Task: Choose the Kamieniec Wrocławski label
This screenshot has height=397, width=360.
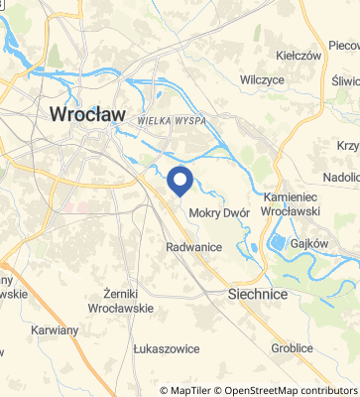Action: coord(295,202)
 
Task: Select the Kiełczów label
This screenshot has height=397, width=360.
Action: coord(300,56)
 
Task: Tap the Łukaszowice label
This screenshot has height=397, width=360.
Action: coord(166,349)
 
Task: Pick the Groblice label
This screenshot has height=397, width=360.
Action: coord(292,348)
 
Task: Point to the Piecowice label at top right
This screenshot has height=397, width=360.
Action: coord(344,46)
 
